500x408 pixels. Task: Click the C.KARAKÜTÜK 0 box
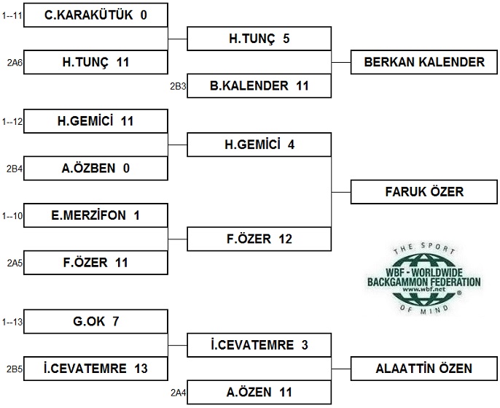tap(95, 15)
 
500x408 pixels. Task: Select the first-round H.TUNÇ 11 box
tap(95, 62)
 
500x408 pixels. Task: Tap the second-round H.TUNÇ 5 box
tap(259, 38)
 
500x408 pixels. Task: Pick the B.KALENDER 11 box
tap(259, 85)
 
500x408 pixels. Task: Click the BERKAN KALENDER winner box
tap(423, 62)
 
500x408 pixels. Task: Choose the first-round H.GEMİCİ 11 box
tap(95, 121)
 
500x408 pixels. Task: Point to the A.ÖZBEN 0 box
tap(95, 169)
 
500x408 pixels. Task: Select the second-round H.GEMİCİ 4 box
tap(259, 145)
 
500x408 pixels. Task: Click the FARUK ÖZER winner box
tap(423, 192)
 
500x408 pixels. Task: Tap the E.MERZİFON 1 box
tap(95, 215)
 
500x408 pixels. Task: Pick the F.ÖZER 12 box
tap(259, 239)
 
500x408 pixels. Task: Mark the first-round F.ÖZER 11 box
tap(95, 263)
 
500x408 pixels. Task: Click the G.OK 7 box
tap(95, 321)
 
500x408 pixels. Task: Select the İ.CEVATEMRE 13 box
tap(95, 369)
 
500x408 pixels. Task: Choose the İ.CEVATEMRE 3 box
tap(259, 345)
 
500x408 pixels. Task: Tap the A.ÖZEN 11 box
tap(259, 392)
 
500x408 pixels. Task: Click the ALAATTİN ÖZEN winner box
tap(423, 369)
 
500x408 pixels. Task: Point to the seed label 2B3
tap(178, 86)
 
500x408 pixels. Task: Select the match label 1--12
tap(12, 121)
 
